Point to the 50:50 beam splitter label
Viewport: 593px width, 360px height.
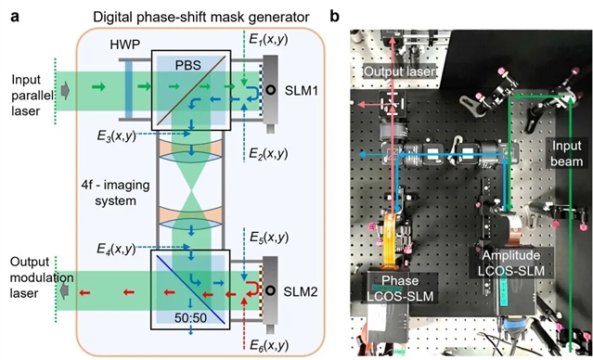click(190, 317)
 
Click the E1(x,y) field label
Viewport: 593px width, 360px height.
click(269, 39)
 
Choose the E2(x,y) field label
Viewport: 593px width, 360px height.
click(269, 153)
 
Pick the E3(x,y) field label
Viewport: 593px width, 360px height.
click(117, 136)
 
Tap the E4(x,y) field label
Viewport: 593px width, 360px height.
click(117, 250)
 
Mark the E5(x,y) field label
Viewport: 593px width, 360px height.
click(269, 238)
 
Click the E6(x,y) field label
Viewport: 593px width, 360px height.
click(269, 345)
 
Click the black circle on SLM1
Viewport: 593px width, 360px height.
click(270, 90)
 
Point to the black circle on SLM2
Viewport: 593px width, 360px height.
click(270, 290)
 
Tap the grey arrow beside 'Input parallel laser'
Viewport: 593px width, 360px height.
click(66, 93)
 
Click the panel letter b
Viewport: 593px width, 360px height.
click(335, 17)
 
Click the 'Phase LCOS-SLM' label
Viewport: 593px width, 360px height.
click(401, 289)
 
